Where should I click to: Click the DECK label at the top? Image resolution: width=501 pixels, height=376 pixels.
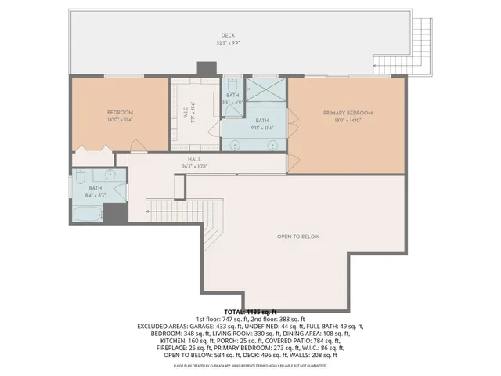pos(228,35)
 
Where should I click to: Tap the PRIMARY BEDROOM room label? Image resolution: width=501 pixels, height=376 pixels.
pos(348,113)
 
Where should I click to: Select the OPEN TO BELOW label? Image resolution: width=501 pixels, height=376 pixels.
pos(298,237)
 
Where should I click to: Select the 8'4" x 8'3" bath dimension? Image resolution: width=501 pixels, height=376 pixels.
pos(95,193)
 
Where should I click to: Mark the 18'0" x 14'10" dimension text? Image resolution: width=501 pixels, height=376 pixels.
pos(348,121)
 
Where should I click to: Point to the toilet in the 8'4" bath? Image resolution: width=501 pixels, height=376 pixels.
pos(79,181)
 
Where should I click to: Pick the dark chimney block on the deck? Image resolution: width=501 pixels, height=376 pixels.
pos(207,70)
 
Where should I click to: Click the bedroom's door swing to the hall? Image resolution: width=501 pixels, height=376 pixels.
pos(136,146)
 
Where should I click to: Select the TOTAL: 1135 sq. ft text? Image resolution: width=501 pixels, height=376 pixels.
pos(250,312)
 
